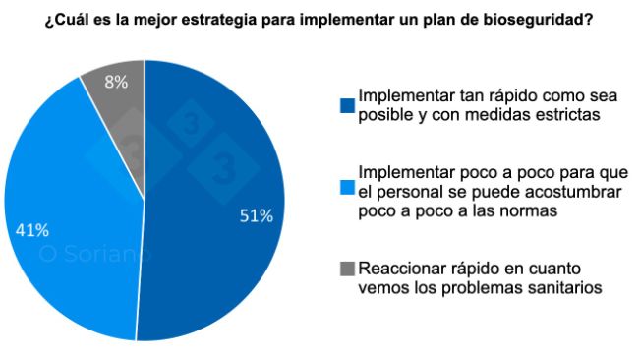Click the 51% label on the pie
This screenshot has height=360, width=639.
tap(257, 216)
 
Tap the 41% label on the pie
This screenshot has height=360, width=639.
tap(33, 230)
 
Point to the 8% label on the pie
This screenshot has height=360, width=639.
tap(116, 83)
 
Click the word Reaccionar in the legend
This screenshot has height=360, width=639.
tap(401, 269)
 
